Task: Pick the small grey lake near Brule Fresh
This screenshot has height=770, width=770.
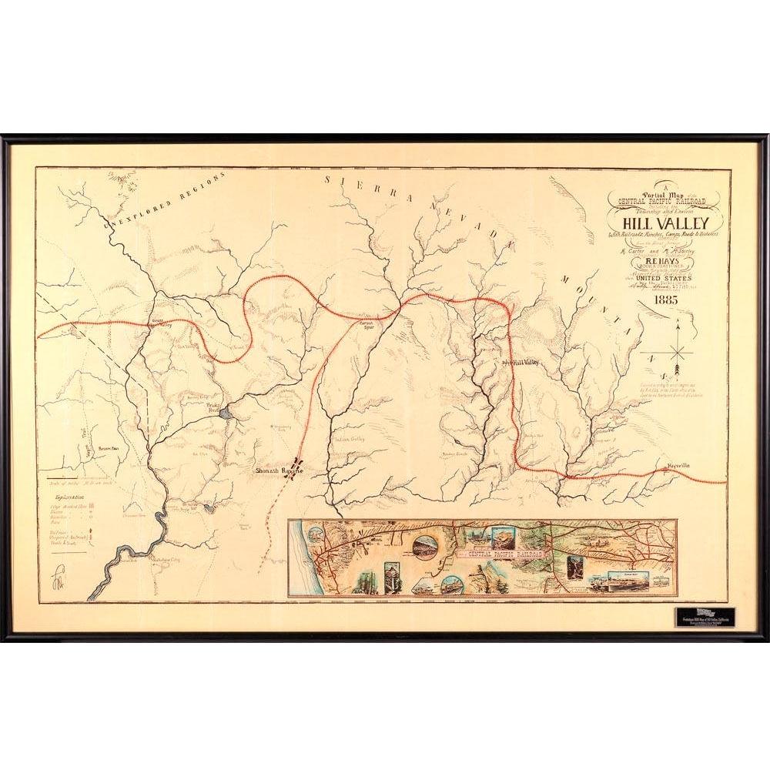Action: pyautogui.click(x=224, y=414)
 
